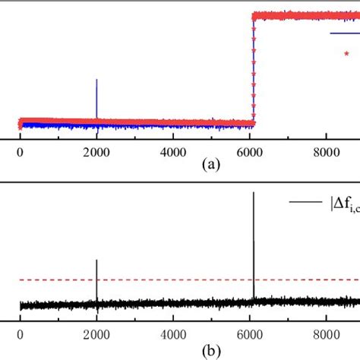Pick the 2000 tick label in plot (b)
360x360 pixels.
96,333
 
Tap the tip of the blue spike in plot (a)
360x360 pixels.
96,80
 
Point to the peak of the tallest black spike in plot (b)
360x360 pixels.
254,193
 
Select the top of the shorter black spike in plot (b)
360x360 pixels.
96,261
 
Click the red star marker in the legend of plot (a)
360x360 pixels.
346,53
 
